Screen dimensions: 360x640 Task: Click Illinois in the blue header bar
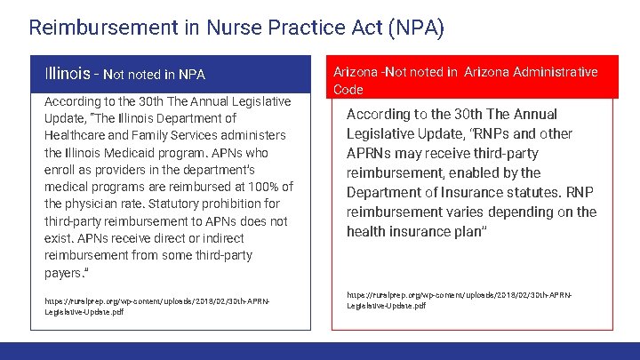click(68, 73)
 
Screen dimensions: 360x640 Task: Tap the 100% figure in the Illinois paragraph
click(256, 187)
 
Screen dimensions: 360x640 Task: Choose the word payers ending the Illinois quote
click(64, 272)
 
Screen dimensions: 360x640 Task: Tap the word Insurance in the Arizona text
click(473, 192)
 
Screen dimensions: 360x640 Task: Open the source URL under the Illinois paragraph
click(156, 307)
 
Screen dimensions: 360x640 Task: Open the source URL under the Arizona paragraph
click(460, 299)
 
